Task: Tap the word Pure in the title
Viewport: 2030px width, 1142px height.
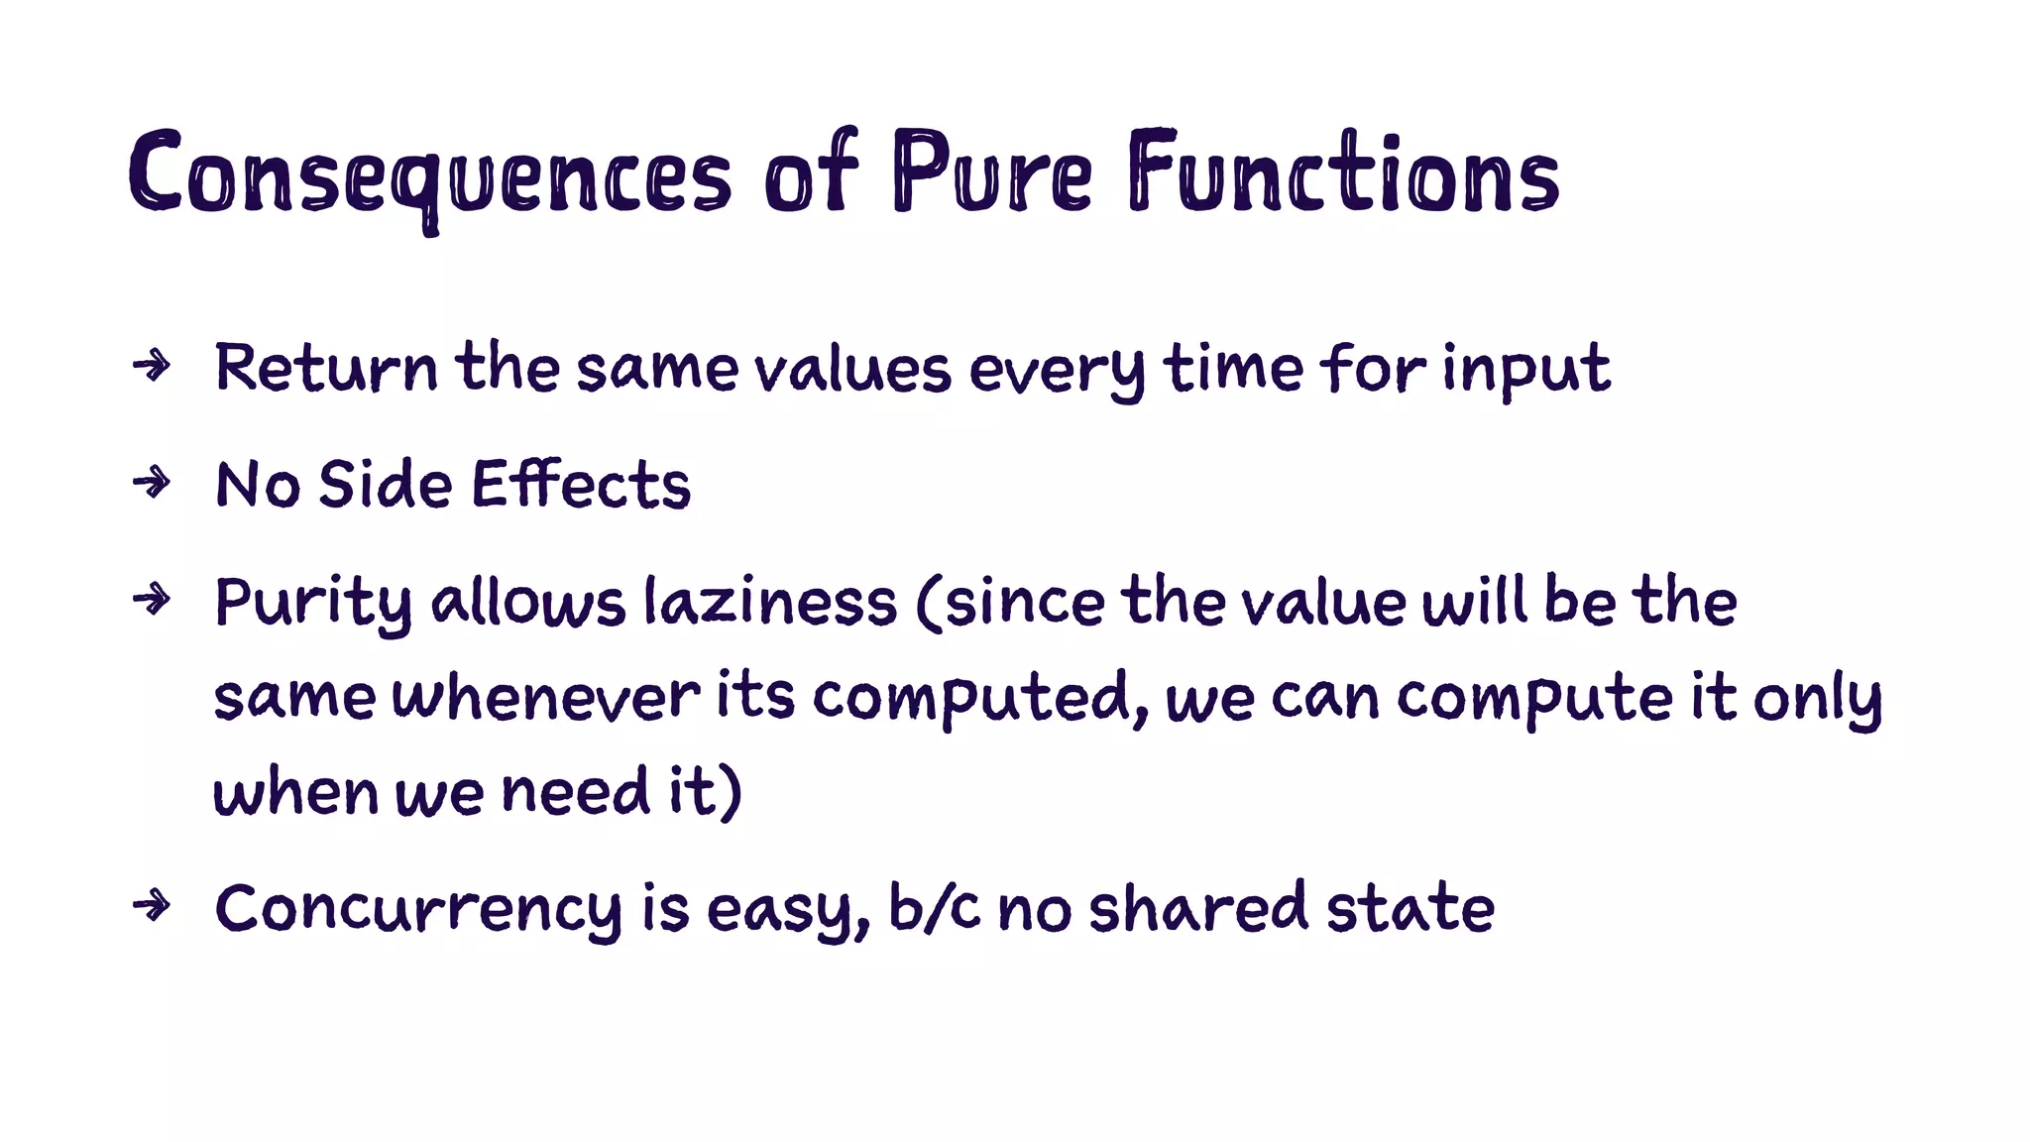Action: [x=991, y=173]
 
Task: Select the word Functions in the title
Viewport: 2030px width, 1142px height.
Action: [x=1343, y=173]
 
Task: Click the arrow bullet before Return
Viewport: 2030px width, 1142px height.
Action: [x=152, y=366]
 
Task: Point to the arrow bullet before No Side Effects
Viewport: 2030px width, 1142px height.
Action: [x=152, y=483]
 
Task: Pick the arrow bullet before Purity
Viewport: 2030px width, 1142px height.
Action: [x=152, y=599]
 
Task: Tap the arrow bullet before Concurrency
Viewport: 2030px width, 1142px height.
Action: [x=152, y=905]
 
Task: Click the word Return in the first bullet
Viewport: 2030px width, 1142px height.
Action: [x=326, y=368]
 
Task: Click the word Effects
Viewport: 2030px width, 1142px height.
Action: [x=581, y=485]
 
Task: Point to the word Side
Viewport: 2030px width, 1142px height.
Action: [x=385, y=485]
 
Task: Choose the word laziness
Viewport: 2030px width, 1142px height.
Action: [x=770, y=602]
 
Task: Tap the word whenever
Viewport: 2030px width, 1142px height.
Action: [x=546, y=696]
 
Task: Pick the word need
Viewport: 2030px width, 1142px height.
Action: [x=576, y=792]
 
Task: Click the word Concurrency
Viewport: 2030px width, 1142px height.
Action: [x=418, y=909]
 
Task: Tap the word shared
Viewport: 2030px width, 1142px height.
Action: [x=1198, y=907]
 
